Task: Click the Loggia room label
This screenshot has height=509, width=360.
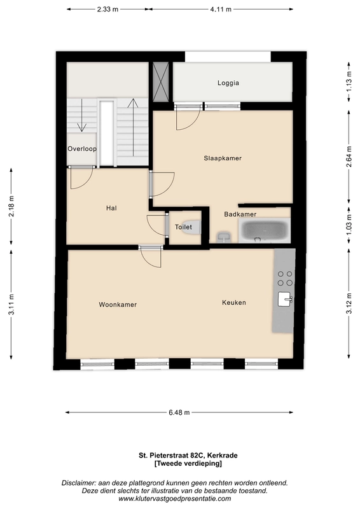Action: click(x=228, y=83)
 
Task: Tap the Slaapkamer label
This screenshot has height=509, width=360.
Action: click(x=223, y=158)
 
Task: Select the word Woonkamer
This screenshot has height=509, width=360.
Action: click(x=118, y=305)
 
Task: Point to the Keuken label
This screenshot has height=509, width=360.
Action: click(x=234, y=303)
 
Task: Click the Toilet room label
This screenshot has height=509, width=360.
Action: click(x=183, y=227)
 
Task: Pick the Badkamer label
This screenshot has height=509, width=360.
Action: click(x=240, y=214)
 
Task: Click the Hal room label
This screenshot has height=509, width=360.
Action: click(x=111, y=208)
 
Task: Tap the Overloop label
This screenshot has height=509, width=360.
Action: click(x=82, y=149)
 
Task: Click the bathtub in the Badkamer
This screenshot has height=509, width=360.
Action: click(x=265, y=230)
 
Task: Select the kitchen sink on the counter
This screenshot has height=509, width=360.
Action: click(x=285, y=299)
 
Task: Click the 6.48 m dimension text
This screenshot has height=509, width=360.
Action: click(x=179, y=412)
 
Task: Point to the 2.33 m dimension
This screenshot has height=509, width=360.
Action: click(x=107, y=10)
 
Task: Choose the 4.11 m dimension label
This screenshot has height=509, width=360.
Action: click(x=221, y=10)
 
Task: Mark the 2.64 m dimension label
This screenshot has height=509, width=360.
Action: click(x=349, y=157)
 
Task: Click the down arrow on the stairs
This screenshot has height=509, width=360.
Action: click(x=81, y=115)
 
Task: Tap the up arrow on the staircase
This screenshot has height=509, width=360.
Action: click(x=133, y=127)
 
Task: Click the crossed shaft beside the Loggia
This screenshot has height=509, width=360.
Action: click(x=161, y=81)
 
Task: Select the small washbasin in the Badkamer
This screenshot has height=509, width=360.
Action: click(x=224, y=237)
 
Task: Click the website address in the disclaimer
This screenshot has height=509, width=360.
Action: click(x=175, y=499)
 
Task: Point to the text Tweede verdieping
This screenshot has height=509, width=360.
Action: click(x=188, y=464)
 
